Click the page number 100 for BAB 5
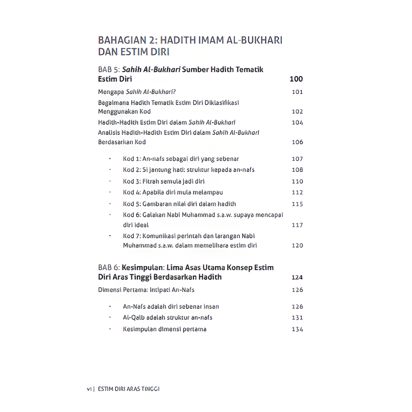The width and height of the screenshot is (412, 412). [296, 79]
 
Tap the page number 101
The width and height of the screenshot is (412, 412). [297, 92]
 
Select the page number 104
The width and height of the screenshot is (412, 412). [297, 123]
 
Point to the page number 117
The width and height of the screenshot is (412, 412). [297, 225]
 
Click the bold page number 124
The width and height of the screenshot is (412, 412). [297, 277]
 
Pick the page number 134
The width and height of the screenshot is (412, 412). [297, 330]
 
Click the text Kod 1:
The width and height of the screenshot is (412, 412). [132, 159]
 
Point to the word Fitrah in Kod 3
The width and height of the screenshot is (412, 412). [151, 181]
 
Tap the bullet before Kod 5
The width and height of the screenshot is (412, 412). [109, 204]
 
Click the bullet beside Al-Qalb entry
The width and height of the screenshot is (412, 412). [109, 317]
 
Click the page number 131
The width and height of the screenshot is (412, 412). [297, 318]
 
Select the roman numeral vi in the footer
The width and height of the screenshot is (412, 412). [89, 389]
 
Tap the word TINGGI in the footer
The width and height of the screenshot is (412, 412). [150, 389]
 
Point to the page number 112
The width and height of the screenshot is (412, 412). [297, 193]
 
